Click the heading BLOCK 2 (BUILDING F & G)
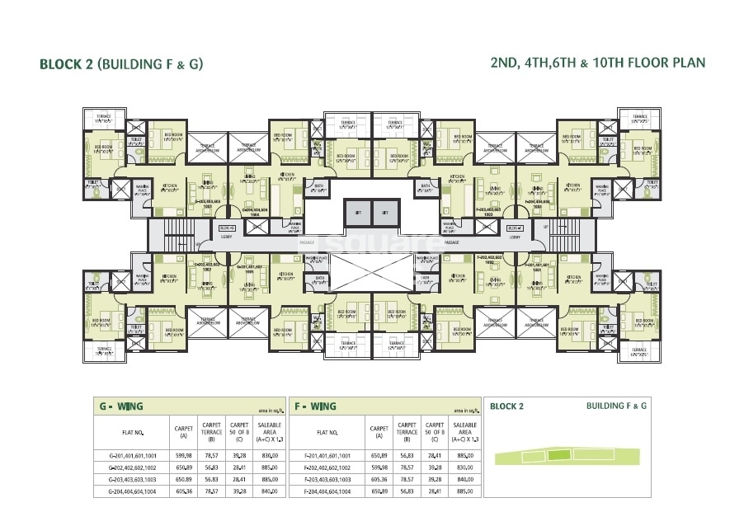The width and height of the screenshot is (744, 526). pyautogui.click(x=120, y=63)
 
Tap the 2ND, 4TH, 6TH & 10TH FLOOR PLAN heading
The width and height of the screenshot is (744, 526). pyautogui.click(x=596, y=63)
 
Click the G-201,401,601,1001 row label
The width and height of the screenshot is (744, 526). pyautogui.click(x=132, y=454)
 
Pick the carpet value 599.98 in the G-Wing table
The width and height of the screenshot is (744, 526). pyautogui.click(x=183, y=454)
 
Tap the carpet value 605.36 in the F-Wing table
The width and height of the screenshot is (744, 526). pyautogui.click(x=379, y=478)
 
